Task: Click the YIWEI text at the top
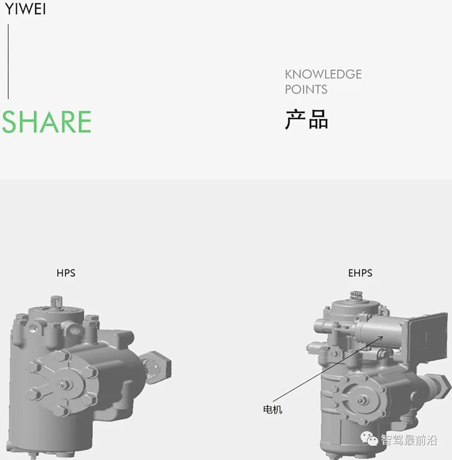click(x=25, y=9)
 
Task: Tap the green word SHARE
click(x=46, y=122)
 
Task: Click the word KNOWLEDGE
click(x=323, y=74)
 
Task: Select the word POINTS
click(x=306, y=89)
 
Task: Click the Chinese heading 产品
click(x=306, y=120)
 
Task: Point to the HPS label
click(x=66, y=273)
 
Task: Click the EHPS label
click(x=360, y=273)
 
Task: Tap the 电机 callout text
click(x=272, y=409)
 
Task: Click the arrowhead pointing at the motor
click(x=381, y=337)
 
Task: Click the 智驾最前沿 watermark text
click(x=408, y=440)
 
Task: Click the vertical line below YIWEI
click(x=8, y=61)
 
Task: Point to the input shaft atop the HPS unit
click(x=56, y=300)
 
